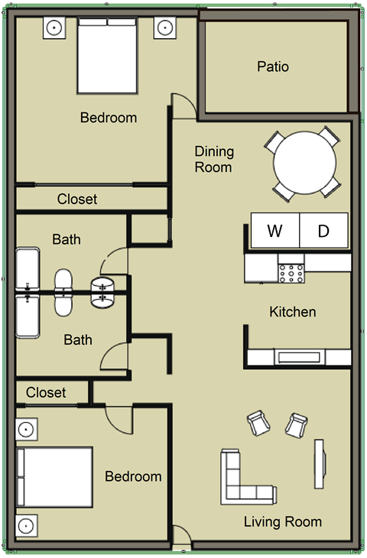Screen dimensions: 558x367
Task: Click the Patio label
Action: tap(273, 67)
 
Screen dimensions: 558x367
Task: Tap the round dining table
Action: tap(304, 163)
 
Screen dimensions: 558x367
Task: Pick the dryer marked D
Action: tap(323, 230)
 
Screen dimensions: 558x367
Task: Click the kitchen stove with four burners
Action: tap(291, 271)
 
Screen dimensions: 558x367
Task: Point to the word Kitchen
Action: tap(292, 312)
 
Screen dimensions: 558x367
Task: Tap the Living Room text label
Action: tap(282, 523)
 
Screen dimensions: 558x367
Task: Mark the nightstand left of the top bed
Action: tap(55, 28)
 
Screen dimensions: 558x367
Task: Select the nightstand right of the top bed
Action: tap(164, 28)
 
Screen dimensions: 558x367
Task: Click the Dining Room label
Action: tap(214, 159)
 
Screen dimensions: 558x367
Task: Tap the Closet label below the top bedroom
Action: tap(77, 200)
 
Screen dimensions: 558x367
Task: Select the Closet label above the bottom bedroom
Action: tap(46, 392)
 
